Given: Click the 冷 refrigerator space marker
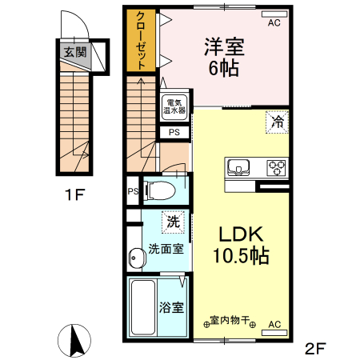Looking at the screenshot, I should [x=277, y=122].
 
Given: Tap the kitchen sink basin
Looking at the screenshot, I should [x=240, y=167].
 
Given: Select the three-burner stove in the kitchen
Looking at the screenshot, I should [x=276, y=167].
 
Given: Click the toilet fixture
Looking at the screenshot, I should [x=162, y=190].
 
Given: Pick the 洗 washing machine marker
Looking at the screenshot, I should [x=172, y=219].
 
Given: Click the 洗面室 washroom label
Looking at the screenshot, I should [x=166, y=248].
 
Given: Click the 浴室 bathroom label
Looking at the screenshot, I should [x=171, y=307].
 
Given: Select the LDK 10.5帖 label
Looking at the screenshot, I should [x=236, y=246].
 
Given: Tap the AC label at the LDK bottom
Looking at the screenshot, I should [x=274, y=324].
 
